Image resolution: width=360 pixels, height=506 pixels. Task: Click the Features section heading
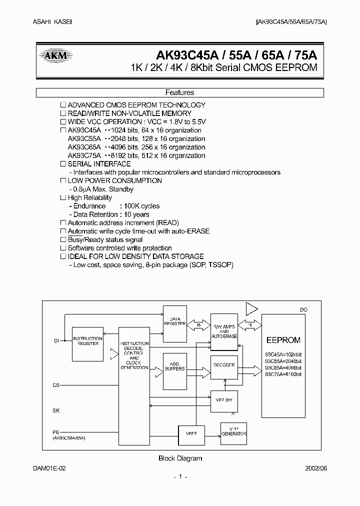tap(179, 92)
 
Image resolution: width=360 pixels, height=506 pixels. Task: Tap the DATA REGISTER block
tap(174, 321)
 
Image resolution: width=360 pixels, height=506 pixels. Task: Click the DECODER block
tap(224, 365)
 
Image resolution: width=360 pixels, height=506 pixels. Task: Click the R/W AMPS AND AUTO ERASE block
tap(224, 331)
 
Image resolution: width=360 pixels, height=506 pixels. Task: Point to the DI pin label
tap(56, 341)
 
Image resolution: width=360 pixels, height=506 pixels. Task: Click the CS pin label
tap(56, 385)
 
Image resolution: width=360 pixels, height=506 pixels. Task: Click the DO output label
tap(303, 310)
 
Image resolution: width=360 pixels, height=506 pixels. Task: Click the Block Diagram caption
tap(180, 458)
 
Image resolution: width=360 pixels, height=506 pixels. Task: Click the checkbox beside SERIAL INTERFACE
tap(63, 164)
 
